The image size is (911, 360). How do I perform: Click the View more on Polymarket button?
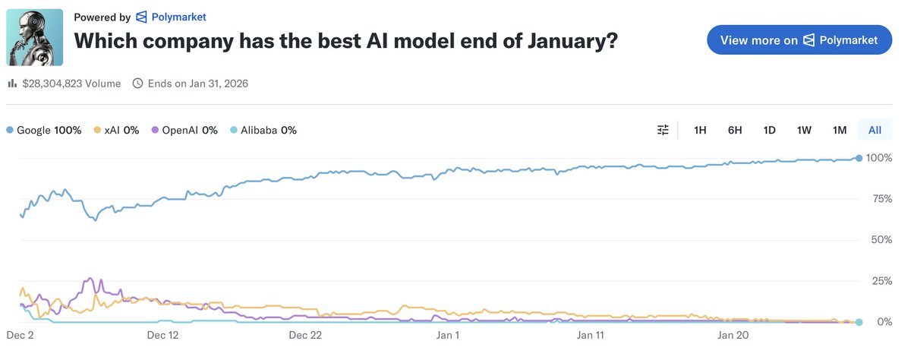click(x=799, y=40)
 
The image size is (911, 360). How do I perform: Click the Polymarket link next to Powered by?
click(x=171, y=17)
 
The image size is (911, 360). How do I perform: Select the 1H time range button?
click(x=700, y=130)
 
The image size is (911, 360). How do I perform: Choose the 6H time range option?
click(x=735, y=130)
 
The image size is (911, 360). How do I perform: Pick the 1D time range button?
click(x=769, y=130)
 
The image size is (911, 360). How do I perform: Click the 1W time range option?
click(x=804, y=130)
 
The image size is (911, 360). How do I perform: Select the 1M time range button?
click(x=839, y=130)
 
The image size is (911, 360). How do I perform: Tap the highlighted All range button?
click(x=875, y=130)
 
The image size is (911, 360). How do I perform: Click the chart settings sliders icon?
click(x=664, y=130)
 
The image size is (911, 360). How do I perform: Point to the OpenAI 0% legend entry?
click(x=185, y=130)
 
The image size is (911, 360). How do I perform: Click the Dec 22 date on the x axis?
click(x=305, y=334)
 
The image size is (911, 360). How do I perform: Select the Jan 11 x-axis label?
click(x=590, y=334)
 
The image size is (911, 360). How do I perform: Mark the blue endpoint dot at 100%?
click(x=859, y=158)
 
